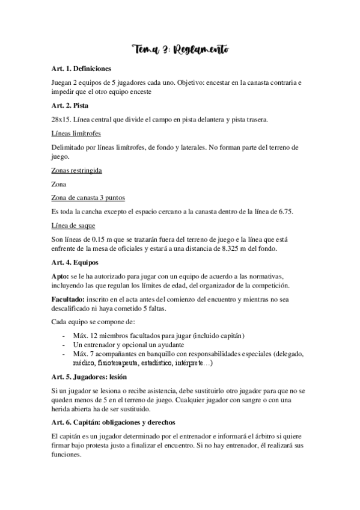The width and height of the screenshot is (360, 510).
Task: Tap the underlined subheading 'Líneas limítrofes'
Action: (78, 132)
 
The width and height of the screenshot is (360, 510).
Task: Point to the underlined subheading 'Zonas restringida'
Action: (78, 170)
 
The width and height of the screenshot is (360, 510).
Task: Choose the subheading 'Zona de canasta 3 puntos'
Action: (89, 198)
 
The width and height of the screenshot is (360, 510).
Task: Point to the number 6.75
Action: (283, 211)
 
